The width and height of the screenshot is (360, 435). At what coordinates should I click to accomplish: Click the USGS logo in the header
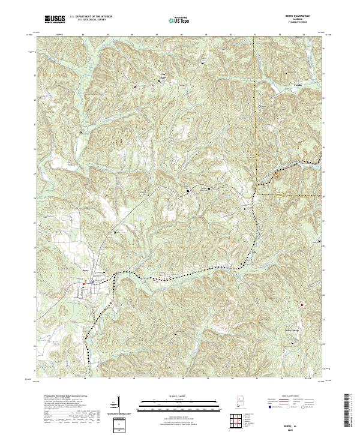[x=55, y=19]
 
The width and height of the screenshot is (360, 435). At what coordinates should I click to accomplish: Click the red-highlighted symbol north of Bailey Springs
[x=302, y=304]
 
